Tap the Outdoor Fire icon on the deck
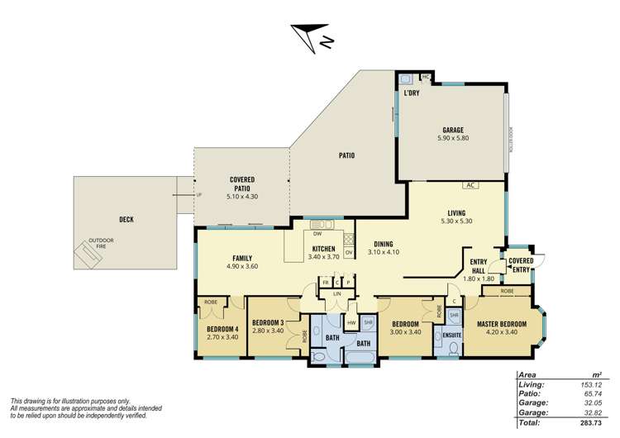click(87, 255)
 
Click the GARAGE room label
click(452, 131)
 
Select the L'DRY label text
click(412, 93)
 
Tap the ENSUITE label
click(451, 334)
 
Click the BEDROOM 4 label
click(222, 328)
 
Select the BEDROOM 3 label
click(269, 321)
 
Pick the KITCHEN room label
click(323, 249)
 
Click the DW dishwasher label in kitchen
click(317, 235)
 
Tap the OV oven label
click(348, 251)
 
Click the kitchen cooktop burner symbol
click(348, 238)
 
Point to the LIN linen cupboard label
click(337, 293)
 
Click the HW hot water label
click(351, 322)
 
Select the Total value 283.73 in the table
click(589, 422)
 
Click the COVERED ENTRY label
click(521, 264)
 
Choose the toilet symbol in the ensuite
click(451, 350)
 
